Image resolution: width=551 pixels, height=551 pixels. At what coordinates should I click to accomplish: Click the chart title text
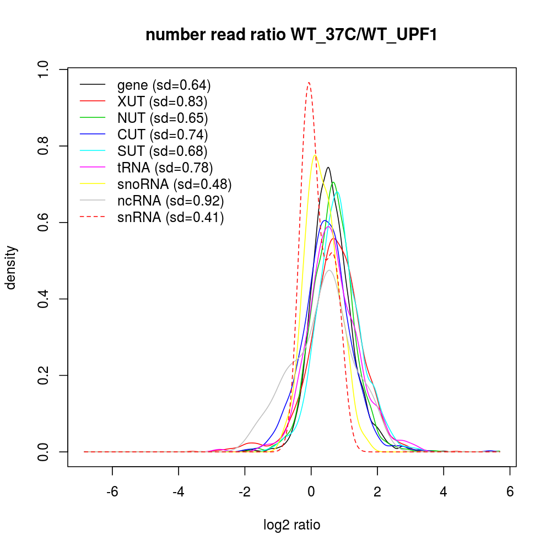coord(291,35)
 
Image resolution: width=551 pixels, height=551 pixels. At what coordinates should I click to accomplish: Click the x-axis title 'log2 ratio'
coord(292,525)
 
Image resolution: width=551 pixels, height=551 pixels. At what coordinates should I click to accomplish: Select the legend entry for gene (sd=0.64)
coord(164,85)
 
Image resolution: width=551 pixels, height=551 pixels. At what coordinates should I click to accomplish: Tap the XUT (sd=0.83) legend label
coord(162,102)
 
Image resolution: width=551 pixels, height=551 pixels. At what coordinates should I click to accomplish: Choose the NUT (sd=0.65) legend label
coord(163,118)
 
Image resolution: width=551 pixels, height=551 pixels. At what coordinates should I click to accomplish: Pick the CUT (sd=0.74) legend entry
coord(163,134)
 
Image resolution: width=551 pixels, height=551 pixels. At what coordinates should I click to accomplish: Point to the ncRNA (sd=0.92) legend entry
coord(171,201)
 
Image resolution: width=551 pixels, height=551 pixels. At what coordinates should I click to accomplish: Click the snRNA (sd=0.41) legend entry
coord(171,217)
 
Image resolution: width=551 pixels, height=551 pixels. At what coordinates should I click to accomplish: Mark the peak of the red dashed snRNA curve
coord(309,83)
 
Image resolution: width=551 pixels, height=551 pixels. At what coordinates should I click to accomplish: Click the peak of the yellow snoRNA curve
coord(315,155)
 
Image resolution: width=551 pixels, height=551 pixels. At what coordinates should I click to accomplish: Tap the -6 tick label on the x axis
coord(112,491)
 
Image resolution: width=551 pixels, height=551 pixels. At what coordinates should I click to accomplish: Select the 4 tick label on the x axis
coord(444,491)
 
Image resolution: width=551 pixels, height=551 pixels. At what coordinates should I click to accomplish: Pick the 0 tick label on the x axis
coord(311,491)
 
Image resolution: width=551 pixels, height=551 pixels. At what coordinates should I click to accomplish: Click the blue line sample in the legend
coord(93,134)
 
